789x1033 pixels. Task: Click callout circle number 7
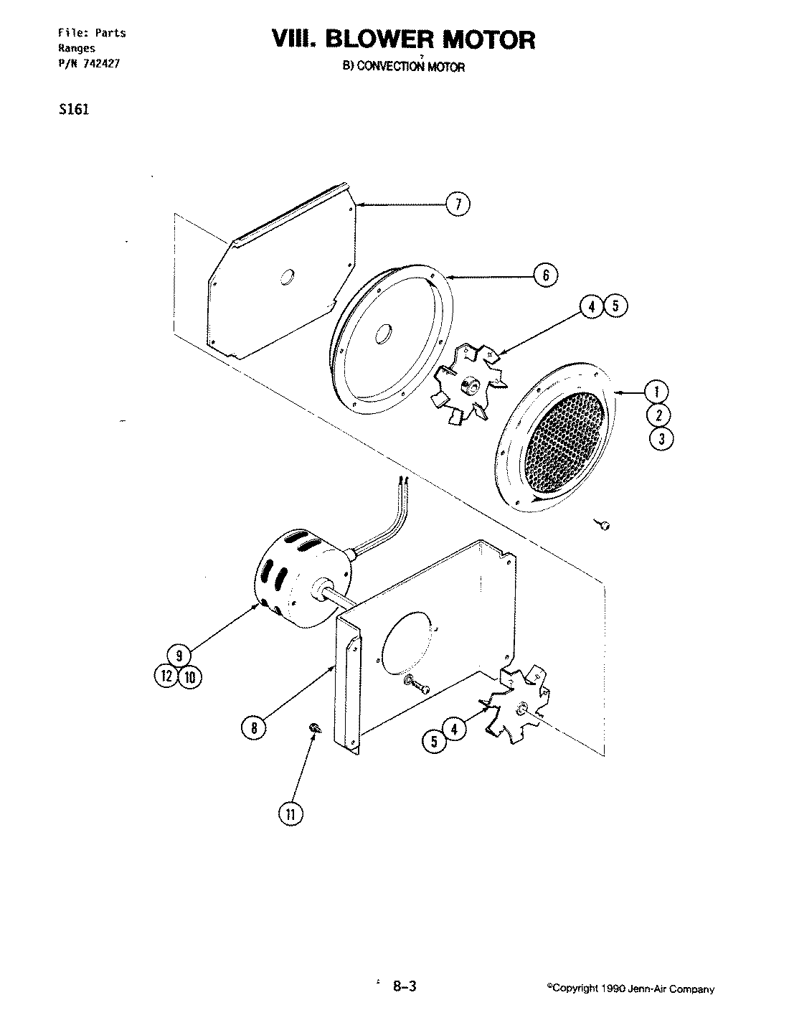[458, 204]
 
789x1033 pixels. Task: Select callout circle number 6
[546, 275]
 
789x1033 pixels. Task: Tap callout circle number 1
[658, 392]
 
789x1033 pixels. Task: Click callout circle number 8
[254, 727]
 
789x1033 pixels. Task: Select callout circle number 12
[166, 676]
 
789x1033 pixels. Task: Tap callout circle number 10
[190, 676]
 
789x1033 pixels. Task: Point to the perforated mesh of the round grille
[565, 445]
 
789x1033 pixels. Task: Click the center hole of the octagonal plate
[287, 277]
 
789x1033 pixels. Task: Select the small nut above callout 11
[315, 729]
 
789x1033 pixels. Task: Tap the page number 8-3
[405, 986]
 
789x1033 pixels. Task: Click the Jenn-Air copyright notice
[630, 989]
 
